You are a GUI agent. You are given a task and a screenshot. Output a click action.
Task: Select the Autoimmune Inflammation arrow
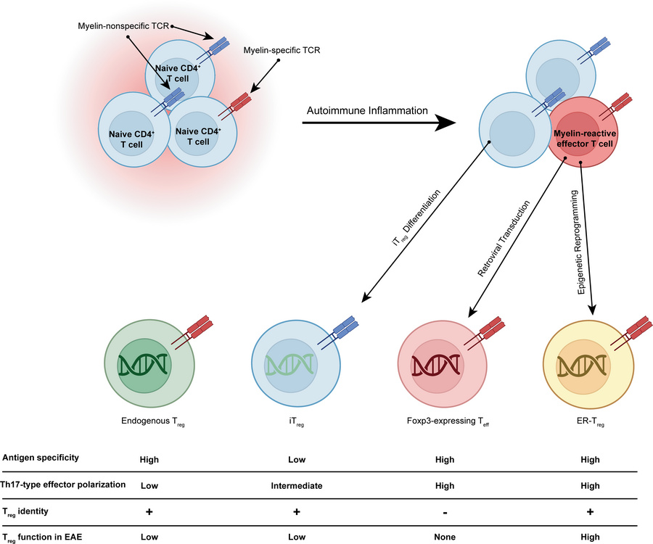tap(384, 123)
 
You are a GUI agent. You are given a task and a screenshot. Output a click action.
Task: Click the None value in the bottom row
tap(444, 537)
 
